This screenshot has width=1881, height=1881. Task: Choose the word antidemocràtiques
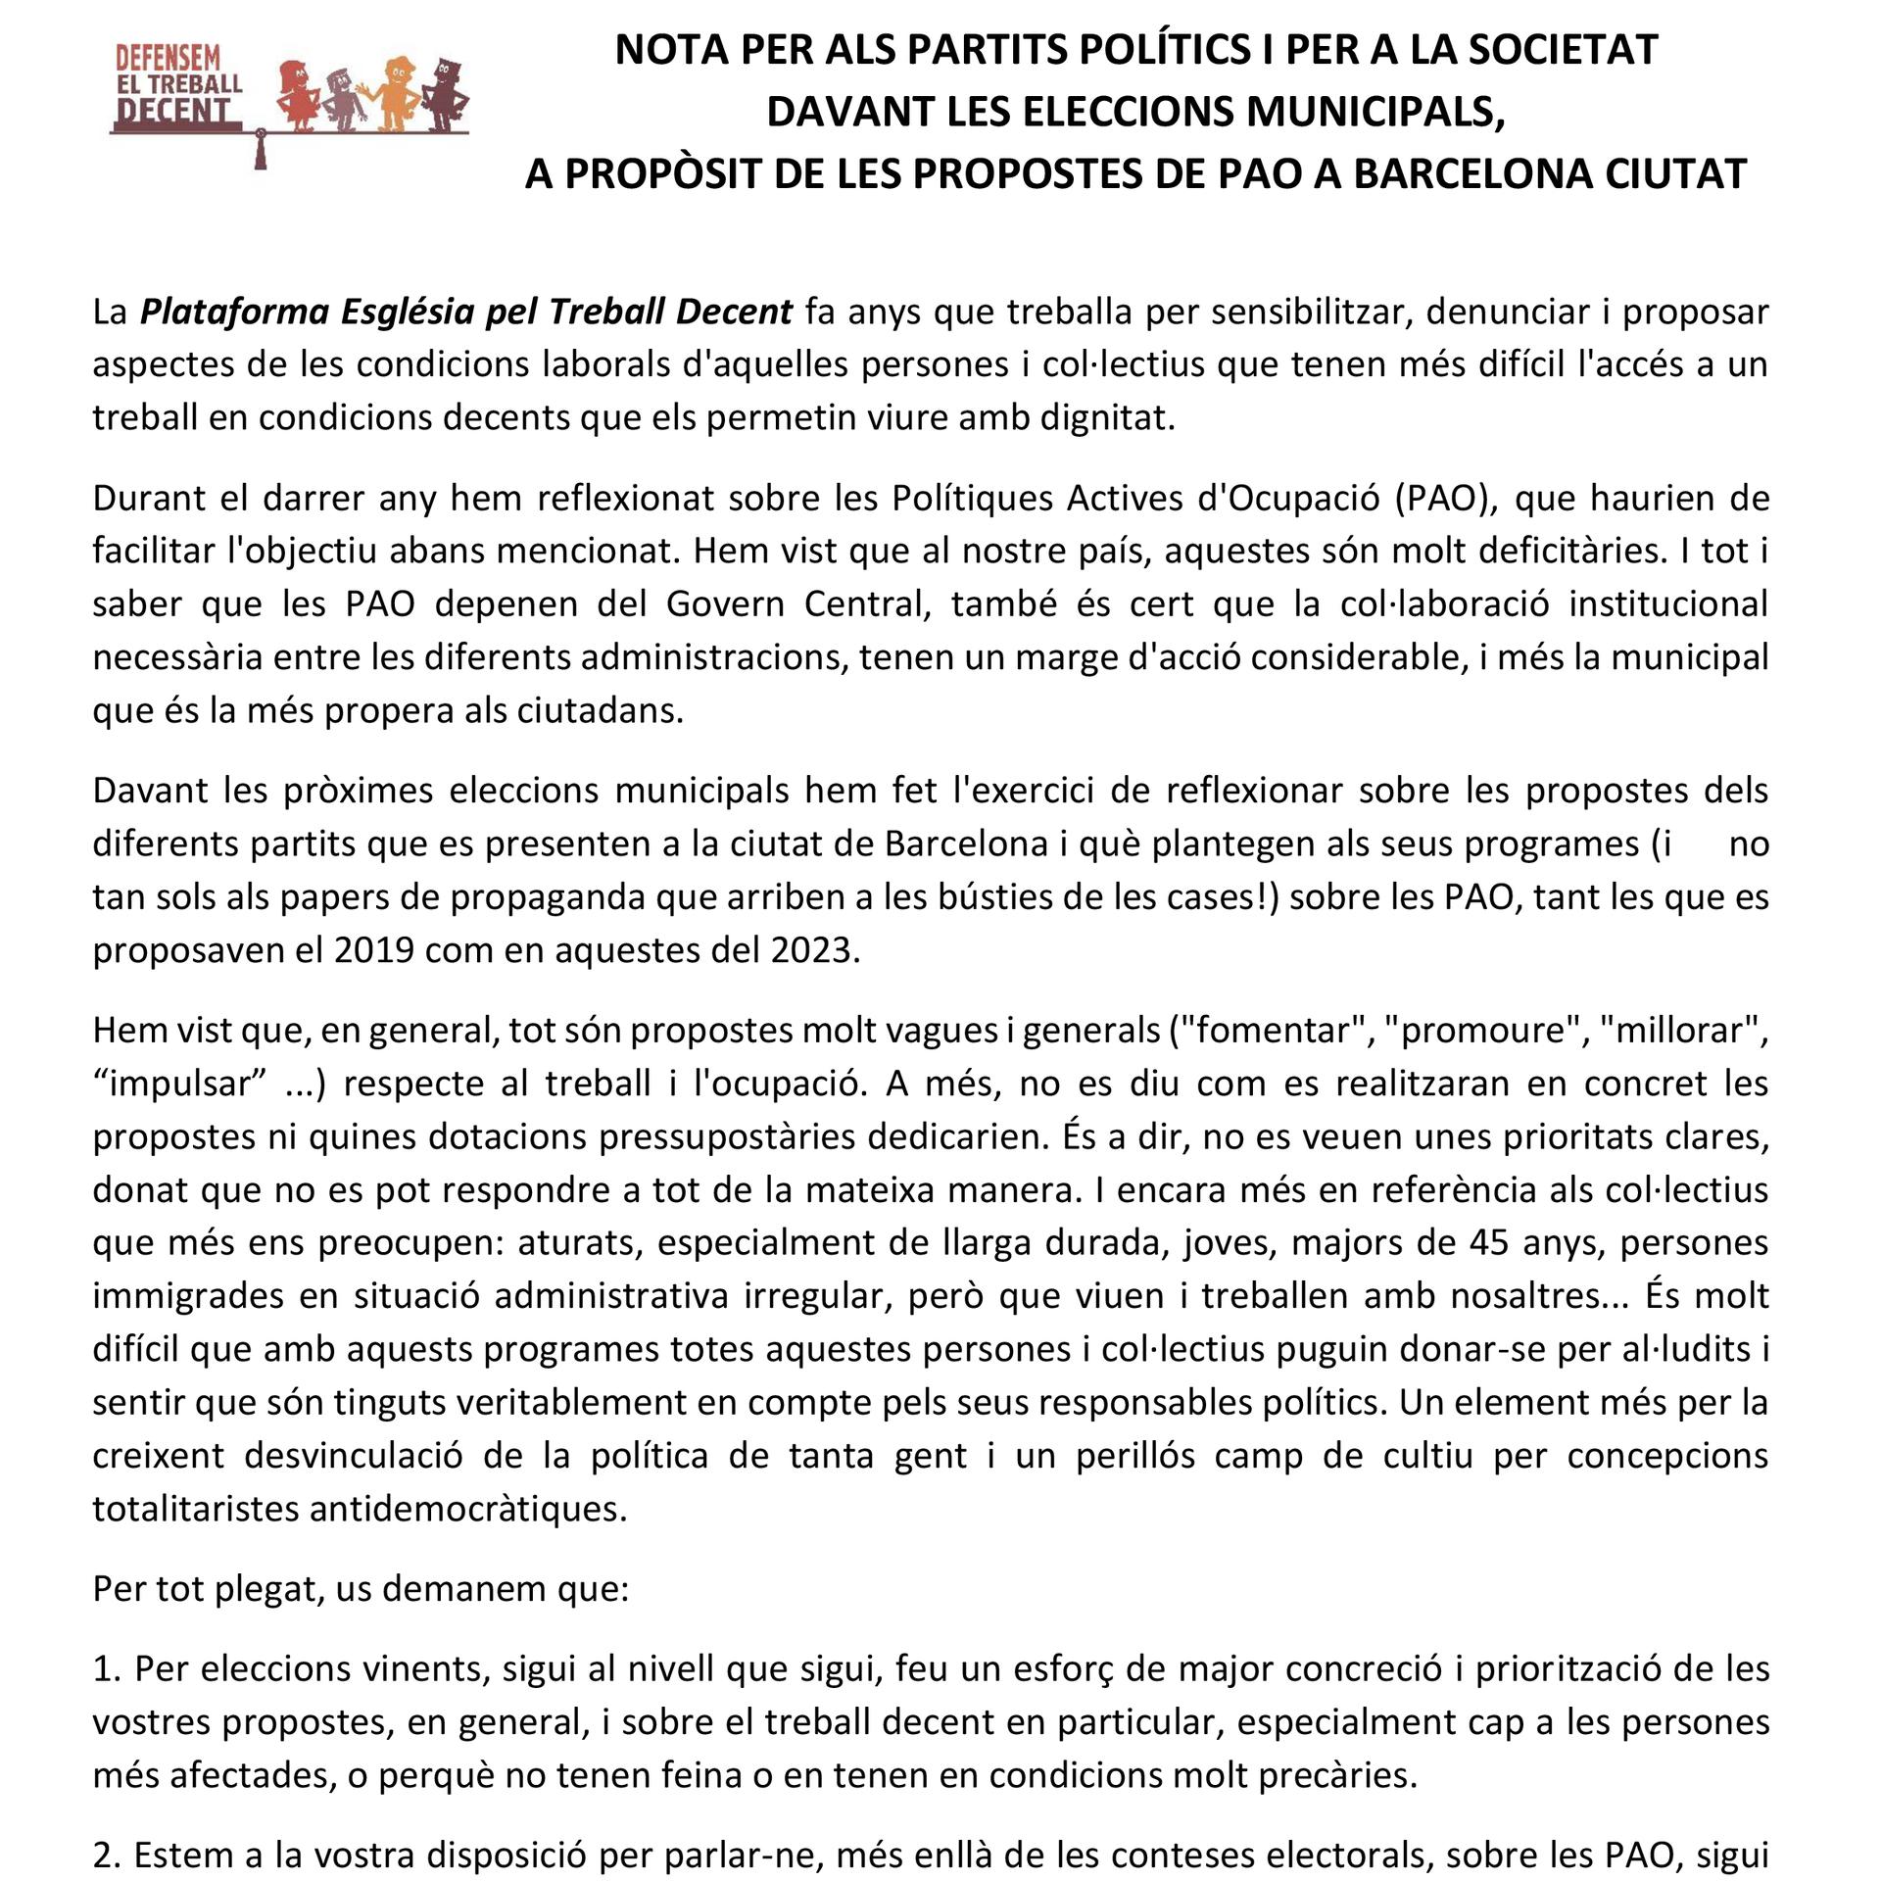tap(467, 1508)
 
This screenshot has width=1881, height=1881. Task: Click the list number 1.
tap(105, 1668)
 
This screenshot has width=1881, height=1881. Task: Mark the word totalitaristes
tap(196, 1508)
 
